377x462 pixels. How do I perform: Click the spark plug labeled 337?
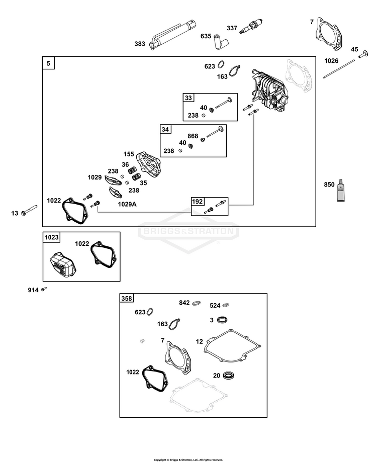click(251, 27)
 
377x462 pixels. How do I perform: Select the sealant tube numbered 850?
click(341, 191)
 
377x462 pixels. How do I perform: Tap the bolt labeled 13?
click(29, 210)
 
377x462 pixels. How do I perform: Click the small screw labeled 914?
click(44, 289)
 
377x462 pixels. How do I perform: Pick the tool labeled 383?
click(173, 35)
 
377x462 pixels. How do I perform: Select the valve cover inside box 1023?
click(63, 264)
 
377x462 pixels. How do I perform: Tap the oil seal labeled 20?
click(228, 376)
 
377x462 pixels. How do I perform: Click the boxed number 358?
click(127, 298)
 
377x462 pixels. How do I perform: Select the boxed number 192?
click(198, 202)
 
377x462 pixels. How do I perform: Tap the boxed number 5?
click(49, 63)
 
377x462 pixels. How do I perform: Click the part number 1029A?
click(127, 204)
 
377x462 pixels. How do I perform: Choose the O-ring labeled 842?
click(197, 303)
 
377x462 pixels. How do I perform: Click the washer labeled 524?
click(226, 305)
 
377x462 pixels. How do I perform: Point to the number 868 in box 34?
click(193, 136)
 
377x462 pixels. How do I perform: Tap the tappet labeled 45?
click(363, 54)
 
